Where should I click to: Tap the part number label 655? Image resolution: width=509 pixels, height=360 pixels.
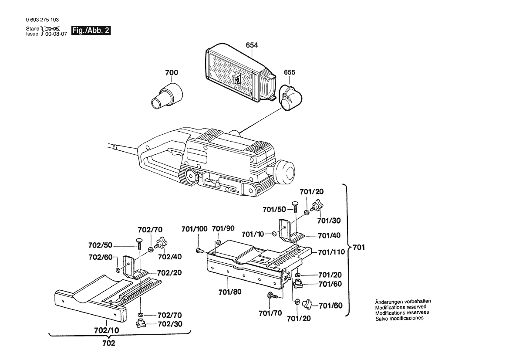pyautogui.click(x=290, y=72)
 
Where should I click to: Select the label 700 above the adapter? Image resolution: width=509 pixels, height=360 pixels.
pyautogui.click(x=172, y=72)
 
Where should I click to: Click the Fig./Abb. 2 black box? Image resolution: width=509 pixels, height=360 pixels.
pyautogui.click(x=91, y=31)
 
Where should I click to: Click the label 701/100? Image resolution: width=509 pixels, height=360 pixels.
pyautogui.click(x=194, y=229)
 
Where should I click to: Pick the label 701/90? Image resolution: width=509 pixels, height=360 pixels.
pyautogui.click(x=223, y=229)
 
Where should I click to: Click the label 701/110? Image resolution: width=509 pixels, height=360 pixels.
pyautogui.click(x=331, y=252)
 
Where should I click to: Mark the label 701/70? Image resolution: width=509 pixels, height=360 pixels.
pyautogui.click(x=270, y=313)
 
